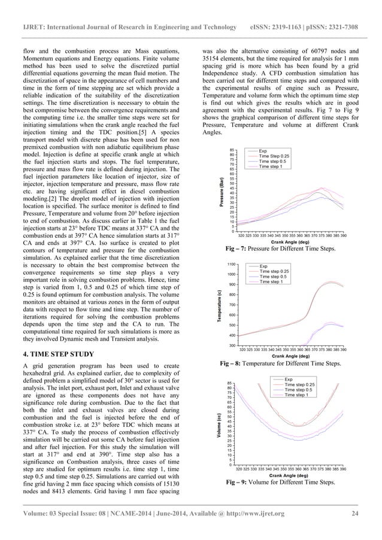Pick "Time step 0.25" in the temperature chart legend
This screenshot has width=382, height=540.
click(x=274, y=271)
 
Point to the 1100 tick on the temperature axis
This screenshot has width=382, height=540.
click(x=230, y=264)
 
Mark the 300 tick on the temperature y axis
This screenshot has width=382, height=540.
click(x=231, y=345)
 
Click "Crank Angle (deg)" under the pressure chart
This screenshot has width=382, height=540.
click(x=289, y=241)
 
